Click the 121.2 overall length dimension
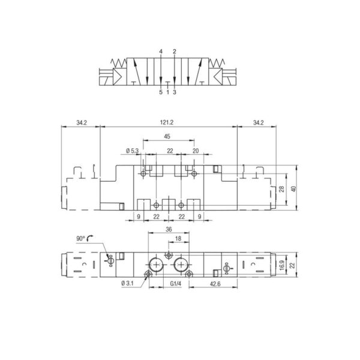pyautogui.click(x=167, y=122)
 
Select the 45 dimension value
pyautogui.click(x=167, y=137)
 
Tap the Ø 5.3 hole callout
pyautogui.click(x=133, y=151)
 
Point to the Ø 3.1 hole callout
pyautogui.click(x=127, y=283)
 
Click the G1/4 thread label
pyautogui.click(x=176, y=284)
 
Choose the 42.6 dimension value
pyautogui.click(x=215, y=284)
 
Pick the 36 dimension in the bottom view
pyautogui.click(x=169, y=229)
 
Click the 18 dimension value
pyautogui.click(x=178, y=239)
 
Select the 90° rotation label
pyautogui.click(x=80, y=239)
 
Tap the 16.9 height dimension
pyautogui.click(x=282, y=265)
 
